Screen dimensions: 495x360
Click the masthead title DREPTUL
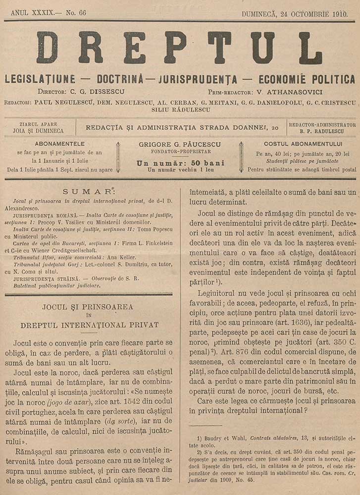(x=179, y=48)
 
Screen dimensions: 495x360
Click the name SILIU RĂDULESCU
(x=180, y=109)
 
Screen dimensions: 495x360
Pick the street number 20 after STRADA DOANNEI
(x=275, y=128)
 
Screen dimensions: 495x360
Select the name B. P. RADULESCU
(x=322, y=132)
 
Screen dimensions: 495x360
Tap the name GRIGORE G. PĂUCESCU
(x=180, y=144)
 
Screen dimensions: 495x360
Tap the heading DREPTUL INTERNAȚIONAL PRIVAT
(x=90, y=325)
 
